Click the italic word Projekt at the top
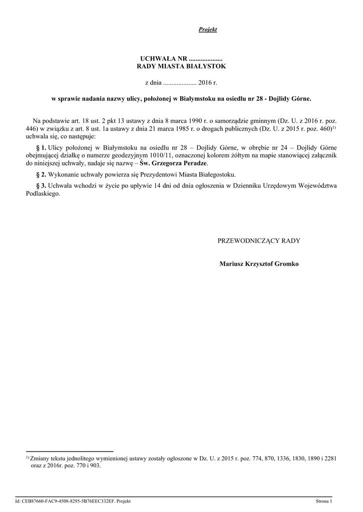pyautogui.click(x=208, y=29)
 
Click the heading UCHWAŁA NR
pyautogui.click(x=161, y=59)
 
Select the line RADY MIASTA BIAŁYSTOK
pyautogui.click(x=181, y=66)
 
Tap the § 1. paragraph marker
pyautogui.click(x=41, y=148)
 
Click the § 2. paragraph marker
pyautogui.click(x=41, y=174)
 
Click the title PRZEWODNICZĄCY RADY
pyautogui.click(x=259, y=240)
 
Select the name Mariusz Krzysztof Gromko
pyautogui.click(x=259, y=263)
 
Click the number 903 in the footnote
pyautogui.click(x=95, y=465)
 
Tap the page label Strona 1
pyautogui.click(x=323, y=501)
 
